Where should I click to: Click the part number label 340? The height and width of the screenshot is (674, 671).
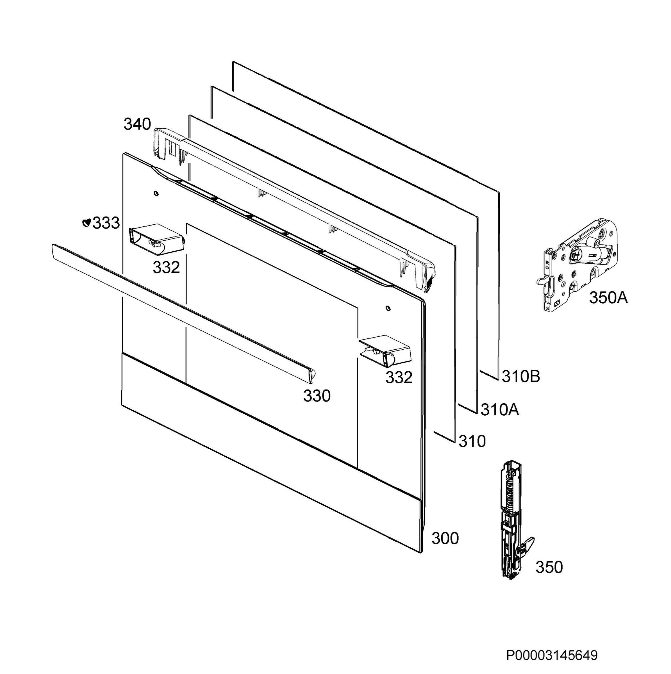pos(137,124)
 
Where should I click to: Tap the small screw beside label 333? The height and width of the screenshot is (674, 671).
pos(86,222)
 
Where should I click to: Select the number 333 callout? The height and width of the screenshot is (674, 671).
pos(106,223)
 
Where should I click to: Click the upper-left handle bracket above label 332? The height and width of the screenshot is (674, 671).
pos(156,238)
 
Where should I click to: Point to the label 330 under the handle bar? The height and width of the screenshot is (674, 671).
pos(317,396)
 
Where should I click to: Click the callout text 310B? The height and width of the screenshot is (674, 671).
pos(521,376)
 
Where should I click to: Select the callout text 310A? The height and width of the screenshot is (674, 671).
pos(500,409)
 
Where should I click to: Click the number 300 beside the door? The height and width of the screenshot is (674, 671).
pos(445,538)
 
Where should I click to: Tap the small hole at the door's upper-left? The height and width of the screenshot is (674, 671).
pos(156,193)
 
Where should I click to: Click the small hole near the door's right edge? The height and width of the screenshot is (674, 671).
pos(388,308)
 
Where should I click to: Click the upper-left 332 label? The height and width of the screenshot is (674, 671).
pos(166,268)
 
